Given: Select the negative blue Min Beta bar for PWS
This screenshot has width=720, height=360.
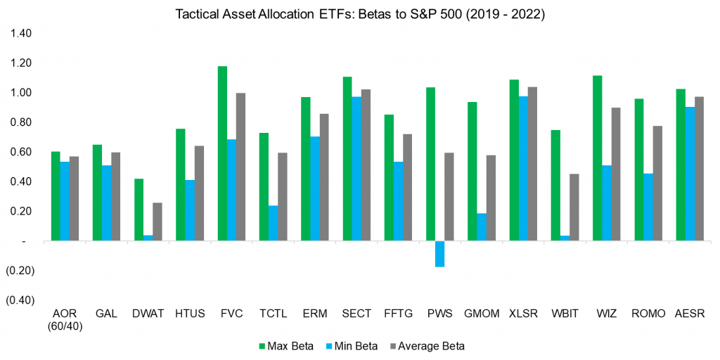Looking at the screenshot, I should (x=439, y=254).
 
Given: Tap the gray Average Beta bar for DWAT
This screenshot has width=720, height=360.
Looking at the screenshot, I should (x=157, y=221).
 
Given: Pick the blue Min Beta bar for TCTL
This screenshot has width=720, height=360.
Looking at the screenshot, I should (x=273, y=223).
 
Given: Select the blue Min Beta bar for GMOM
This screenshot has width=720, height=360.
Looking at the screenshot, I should (x=481, y=227).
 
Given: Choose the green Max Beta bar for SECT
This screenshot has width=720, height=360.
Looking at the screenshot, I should (x=347, y=159).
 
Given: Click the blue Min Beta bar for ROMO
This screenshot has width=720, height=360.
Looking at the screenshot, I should (x=648, y=207).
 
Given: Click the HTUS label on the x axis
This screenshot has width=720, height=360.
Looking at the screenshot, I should (x=189, y=314).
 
